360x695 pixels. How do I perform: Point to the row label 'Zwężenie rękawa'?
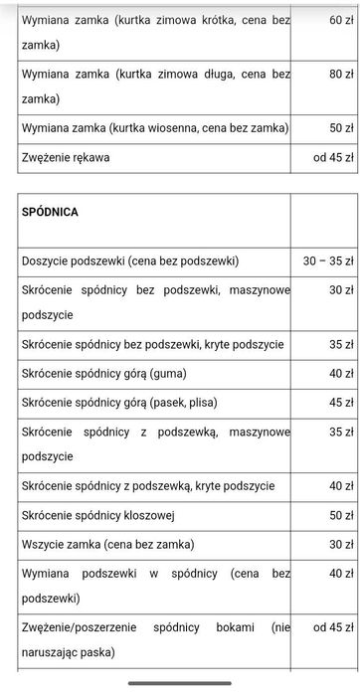[66, 157]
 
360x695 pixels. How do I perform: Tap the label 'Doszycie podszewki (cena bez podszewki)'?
[130, 261]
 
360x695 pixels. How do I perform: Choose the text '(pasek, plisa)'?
[180, 403]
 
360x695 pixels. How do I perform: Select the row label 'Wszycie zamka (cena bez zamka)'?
[107, 544]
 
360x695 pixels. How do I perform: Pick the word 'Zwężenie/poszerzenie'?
[79, 627]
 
